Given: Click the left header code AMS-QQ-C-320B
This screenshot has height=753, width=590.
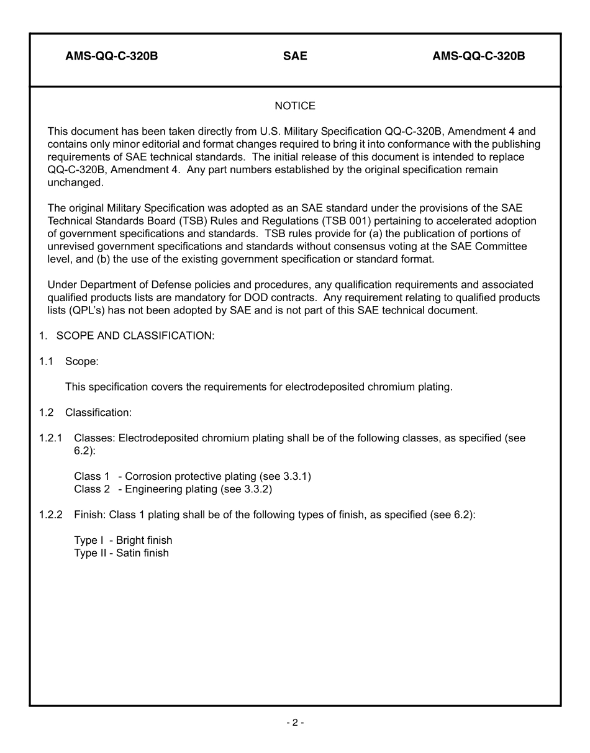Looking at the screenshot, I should click(111, 56).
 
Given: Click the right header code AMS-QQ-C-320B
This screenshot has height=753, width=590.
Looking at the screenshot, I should click(478, 56).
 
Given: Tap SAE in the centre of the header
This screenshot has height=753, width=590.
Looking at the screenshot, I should click(295, 56).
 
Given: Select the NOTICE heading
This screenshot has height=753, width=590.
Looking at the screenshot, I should click(295, 106).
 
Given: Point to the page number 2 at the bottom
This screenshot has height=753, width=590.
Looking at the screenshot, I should click(295, 723).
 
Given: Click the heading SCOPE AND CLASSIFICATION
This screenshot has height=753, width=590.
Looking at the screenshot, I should click(135, 336).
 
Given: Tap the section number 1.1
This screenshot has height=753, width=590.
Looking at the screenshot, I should click(46, 361).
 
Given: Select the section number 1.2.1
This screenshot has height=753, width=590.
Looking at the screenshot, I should click(50, 438).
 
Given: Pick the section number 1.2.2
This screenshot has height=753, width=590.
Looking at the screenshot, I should click(50, 515).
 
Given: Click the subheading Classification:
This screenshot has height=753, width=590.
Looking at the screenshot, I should click(98, 413).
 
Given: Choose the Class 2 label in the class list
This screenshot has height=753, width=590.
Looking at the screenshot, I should click(92, 489).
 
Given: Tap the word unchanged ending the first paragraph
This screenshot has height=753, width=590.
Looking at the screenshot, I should click(75, 183).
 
